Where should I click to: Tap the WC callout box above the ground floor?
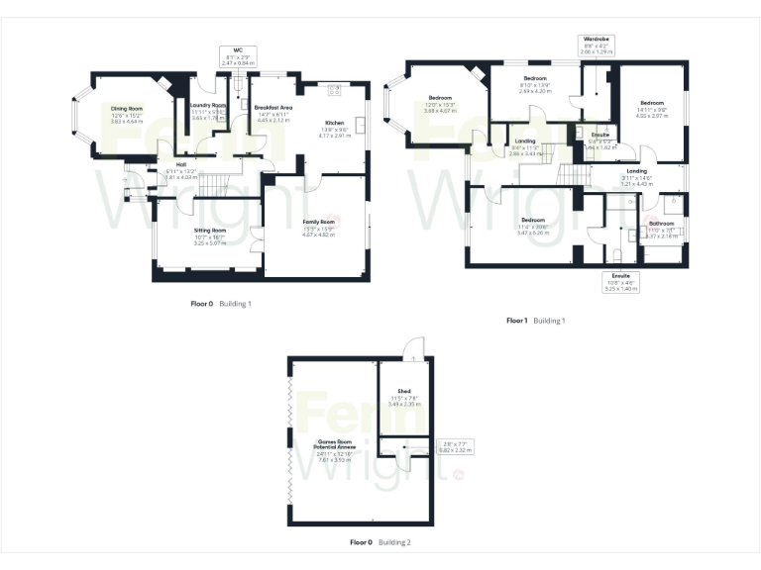pyautogui.click(x=238, y=54)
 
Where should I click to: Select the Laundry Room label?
pyautogui.click(x=208, y=105)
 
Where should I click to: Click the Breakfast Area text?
pyautogui.click(x=272, y=107)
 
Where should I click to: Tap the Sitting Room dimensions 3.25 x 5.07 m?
pyautogui.click(x=210, y=241)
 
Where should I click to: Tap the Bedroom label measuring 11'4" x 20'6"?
pyautogui.click(x=532, y=220)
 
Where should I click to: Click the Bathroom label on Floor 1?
pyautogui.click(x=661, y=224)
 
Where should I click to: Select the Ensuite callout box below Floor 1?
pyautogui.click(x=621, y=283)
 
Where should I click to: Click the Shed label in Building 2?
pyautogui.click(x=404, y=392)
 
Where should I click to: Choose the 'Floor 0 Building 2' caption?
pyautogui.click(x=380, y=542)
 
